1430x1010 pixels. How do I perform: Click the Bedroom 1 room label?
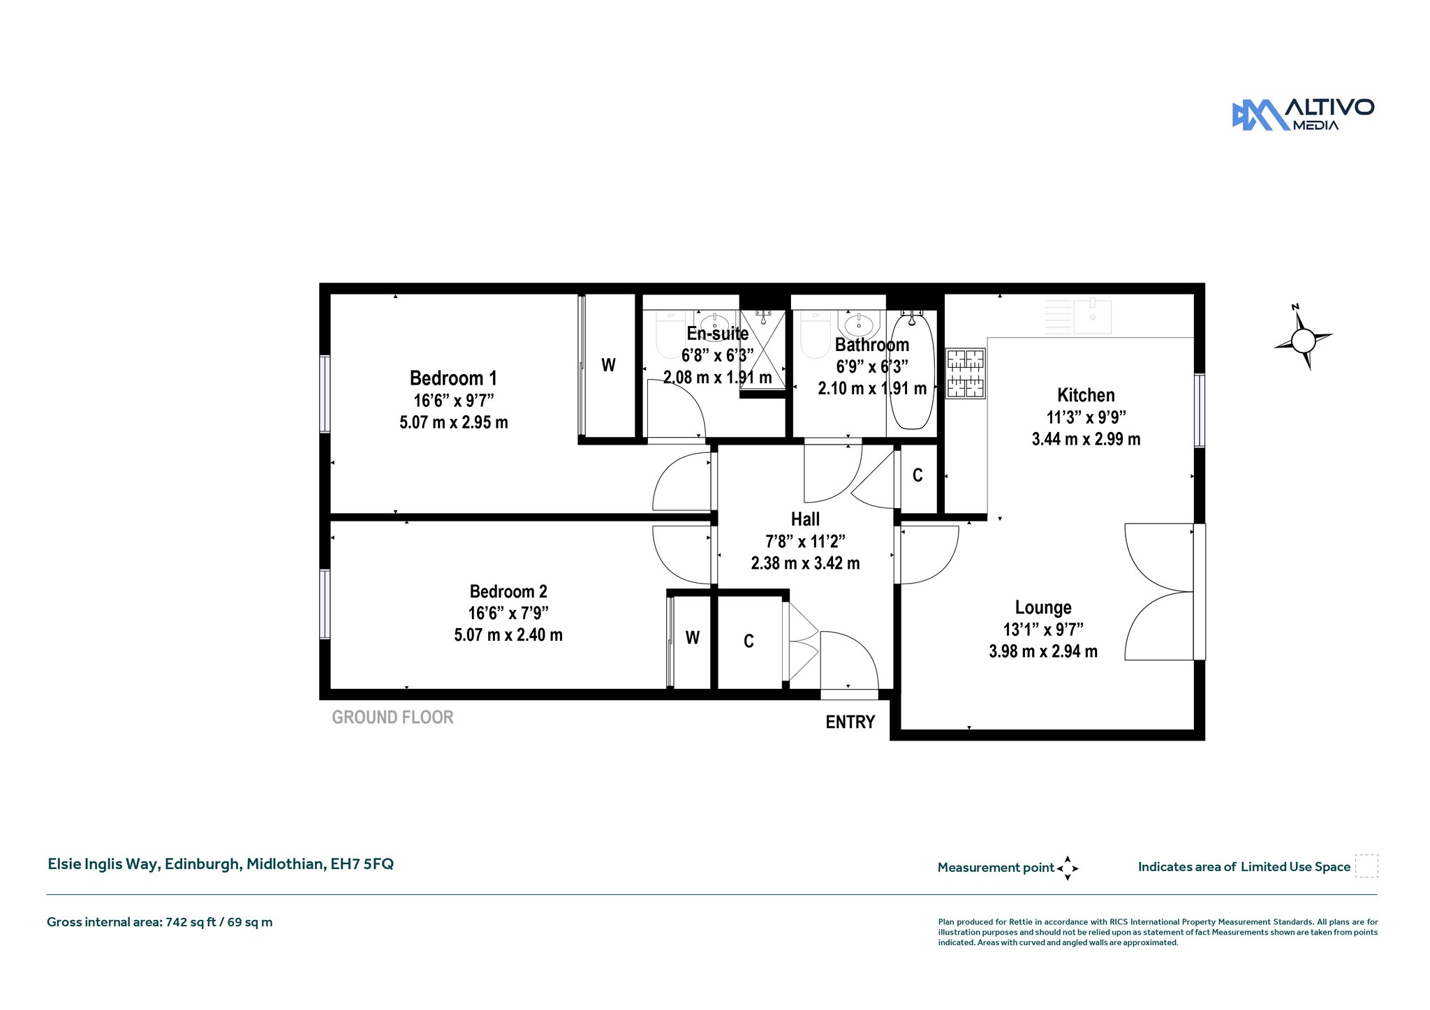(453, 378)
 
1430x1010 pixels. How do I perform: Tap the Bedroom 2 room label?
(508, 592)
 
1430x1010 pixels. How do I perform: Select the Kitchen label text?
(1086, 395)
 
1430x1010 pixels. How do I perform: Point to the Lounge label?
(1043, 607)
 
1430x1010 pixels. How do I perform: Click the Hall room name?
(805, 519)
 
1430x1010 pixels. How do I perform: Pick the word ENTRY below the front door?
(850, 722)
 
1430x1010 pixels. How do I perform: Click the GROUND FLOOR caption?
(392, 718)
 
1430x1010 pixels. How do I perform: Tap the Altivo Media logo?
(1303, 114)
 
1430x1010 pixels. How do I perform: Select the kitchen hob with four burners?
(966, 373)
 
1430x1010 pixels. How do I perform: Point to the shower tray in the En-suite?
(762, 350)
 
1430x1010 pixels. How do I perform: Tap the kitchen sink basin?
(1093, 317)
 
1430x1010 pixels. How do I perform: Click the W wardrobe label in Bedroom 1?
(609, 365)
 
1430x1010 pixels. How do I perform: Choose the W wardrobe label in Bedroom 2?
(693, 637)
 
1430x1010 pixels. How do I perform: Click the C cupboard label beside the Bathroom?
(917, 475)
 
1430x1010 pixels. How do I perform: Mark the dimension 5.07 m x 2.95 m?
(454, 422)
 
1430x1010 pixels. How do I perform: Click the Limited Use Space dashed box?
(1366, 866)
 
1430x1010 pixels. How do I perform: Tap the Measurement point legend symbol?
(1068, 868)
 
